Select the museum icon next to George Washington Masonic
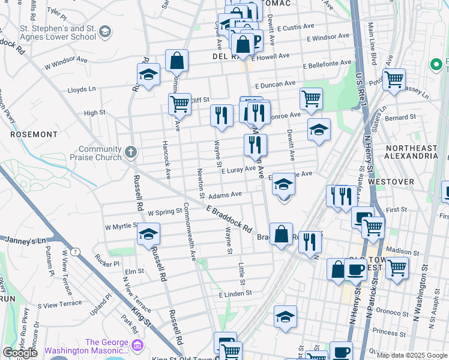pos(137,346)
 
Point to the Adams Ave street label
pos(226,194)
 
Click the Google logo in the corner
pos(20,353)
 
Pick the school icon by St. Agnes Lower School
pos(105,31)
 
